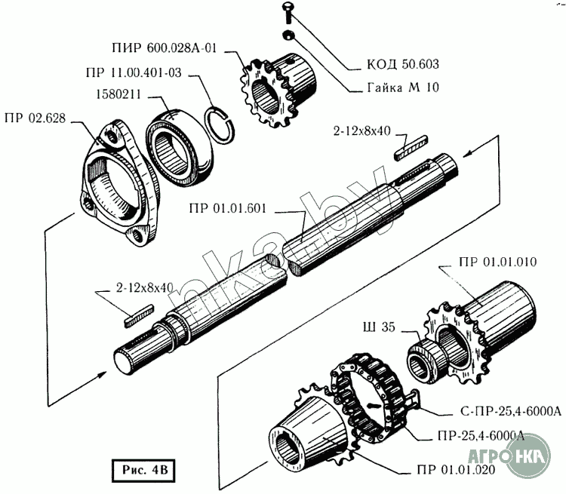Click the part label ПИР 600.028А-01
click(x=165, y=48)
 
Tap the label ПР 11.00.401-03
click(x=134, y=72)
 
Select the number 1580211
click(x=118, y=94)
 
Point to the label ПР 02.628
click(x=35, y=118)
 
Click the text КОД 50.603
click(x=403, y=64)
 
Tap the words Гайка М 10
click(x=403, y=87)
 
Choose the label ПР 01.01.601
click(x=227, y=209)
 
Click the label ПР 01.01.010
click(x=498, y=262)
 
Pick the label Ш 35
click(x=379, y=327)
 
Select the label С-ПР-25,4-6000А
click(x=511, y=411)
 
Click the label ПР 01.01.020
click(x=456, y=470)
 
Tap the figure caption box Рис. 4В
click(x=143, y=471)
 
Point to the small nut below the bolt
click(x=288, y=35)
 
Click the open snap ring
click(x=219, y=124)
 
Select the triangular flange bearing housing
click(x=119, y=184)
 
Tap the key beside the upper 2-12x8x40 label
click(x=411, y=148)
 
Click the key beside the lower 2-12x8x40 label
click(x=139, y=317)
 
